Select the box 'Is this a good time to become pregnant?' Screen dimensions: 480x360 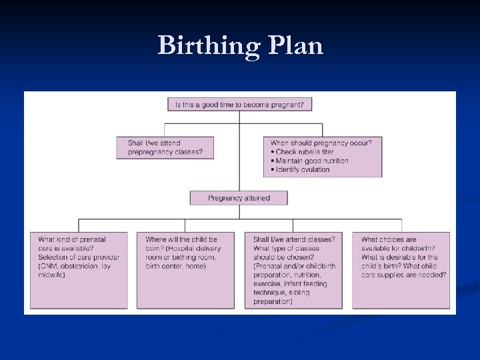tap(240, 105)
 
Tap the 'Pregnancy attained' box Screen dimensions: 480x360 tap(239, 198)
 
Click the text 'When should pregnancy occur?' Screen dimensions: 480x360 tap(321, 143)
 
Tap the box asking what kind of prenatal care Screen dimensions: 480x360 tap(79, 269)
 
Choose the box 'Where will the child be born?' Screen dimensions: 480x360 tap(185, 269)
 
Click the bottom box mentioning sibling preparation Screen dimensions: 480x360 tap(293, 269)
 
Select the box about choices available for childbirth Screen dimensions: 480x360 tap(401, 269)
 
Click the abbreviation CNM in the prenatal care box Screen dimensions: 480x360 tap(48, 266)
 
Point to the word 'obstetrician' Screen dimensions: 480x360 tap(79, 266)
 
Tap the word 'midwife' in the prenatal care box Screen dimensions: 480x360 tap(51, 275)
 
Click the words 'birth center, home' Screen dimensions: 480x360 tap(176, 266)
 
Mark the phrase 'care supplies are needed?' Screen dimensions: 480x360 tap(404, 275)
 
